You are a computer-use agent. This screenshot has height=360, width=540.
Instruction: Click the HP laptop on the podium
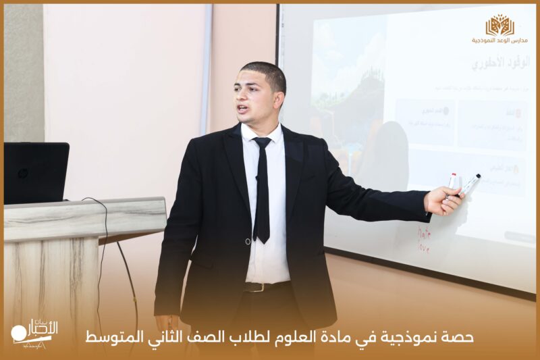(x=36, y=173)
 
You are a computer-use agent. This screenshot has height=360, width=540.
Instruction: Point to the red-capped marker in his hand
(x=452, y=181)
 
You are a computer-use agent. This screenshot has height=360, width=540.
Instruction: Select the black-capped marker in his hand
(x=470, y=184)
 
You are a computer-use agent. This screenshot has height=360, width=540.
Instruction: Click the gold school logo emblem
(x=500, y=25)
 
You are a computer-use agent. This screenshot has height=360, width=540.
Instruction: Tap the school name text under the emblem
(x=500, y=41)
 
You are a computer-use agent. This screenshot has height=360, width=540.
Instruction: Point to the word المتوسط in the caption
(x=108, y=336)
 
